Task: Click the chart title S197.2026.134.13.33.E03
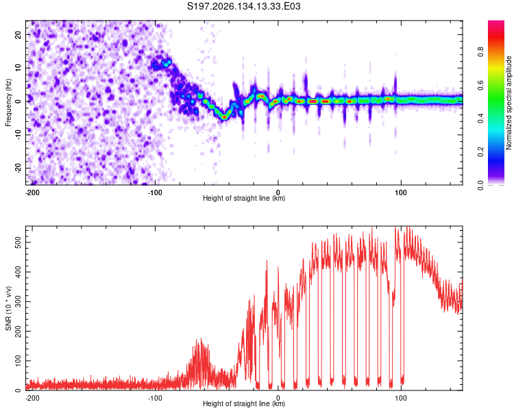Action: pos(243,6)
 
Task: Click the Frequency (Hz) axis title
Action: pos(8,103)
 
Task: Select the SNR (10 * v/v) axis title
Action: pos(8,308)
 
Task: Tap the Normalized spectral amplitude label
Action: pos(509,103)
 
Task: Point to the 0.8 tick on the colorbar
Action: pos(480,52)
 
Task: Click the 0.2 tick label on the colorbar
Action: pos(480,152)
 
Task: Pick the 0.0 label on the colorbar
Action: pos(480,185)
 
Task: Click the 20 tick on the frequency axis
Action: pos(18,35)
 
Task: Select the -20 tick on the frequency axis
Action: pos(18,169)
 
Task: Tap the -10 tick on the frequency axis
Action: pos(18,135)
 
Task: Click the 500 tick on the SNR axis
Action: pos(18,242)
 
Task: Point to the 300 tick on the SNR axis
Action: pos(18,301)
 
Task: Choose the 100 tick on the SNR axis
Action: pos(18,360)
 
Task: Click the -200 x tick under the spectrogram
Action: pos(32,192)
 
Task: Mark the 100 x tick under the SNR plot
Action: pos(401,398)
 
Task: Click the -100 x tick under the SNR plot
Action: pos(155,398)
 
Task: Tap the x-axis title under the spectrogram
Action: pos(244,198)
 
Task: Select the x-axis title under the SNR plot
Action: pos(244,403)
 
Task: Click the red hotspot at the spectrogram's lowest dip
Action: pos(224,116)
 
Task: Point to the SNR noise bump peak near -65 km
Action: pos(201,339)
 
